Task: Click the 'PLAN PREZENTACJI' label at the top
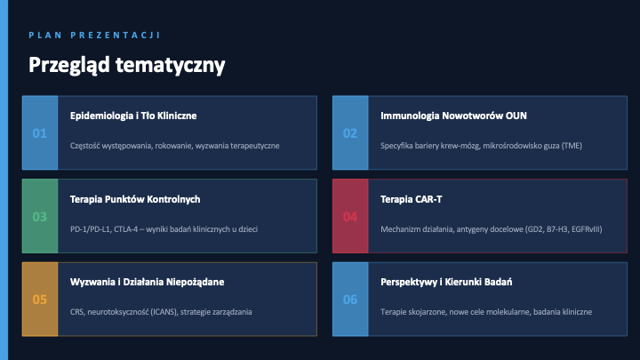click(94, 35)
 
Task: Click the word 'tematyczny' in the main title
click(170, 65)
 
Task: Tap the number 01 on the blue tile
click(40, 133)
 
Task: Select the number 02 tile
click(350, 133)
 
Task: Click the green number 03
click(40, 217)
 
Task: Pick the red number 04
click(350, 217)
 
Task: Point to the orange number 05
click(40, 300)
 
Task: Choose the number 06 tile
click(350, 300)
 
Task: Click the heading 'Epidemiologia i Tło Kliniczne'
click(133, 116)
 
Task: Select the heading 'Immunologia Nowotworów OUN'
click(453, 116)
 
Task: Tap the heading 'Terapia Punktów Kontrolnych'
click(135, 200)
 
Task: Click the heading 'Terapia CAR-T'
click(411, 200)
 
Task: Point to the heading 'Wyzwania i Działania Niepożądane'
click(147, 282)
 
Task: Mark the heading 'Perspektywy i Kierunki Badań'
click(446, 282)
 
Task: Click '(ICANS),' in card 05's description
click(164, 312)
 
